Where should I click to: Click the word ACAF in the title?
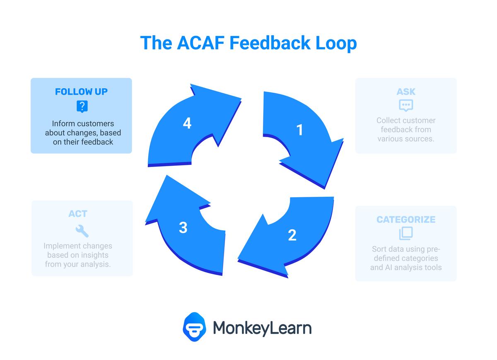tap(200, 43)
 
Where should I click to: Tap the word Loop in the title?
tap(336, 44)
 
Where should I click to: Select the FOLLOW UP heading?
tap(81, 92)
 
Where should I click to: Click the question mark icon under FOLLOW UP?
tap(82, 106)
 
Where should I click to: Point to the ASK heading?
tap(406, 92)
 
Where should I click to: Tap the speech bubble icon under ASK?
tap(406, 105)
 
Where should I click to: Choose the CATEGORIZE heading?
tap(406, 220)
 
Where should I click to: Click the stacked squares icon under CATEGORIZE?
tap(406, 233)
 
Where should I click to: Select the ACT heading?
tap(78, 214)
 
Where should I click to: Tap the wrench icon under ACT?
tap(82, 231)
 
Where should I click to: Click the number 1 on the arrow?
tap(300, 130)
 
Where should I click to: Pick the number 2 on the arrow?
tap(292, 235)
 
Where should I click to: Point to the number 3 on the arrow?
tap(183, 227)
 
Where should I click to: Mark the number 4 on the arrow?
tap(187, 123)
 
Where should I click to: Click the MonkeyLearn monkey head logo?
tap(194, 327)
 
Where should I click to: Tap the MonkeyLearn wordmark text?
tap(262, 329)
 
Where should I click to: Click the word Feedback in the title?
tap(270, 43)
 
